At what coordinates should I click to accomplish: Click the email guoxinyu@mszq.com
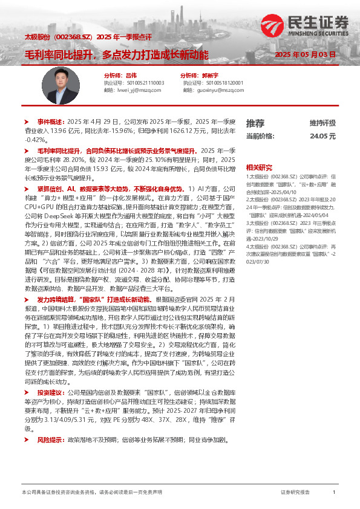pyautogui.click(x=215, y=90)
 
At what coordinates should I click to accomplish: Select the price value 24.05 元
pyautogui.click(x=322, y=137)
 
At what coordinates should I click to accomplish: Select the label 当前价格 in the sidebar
pyautogui.click(x=260, y=137)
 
